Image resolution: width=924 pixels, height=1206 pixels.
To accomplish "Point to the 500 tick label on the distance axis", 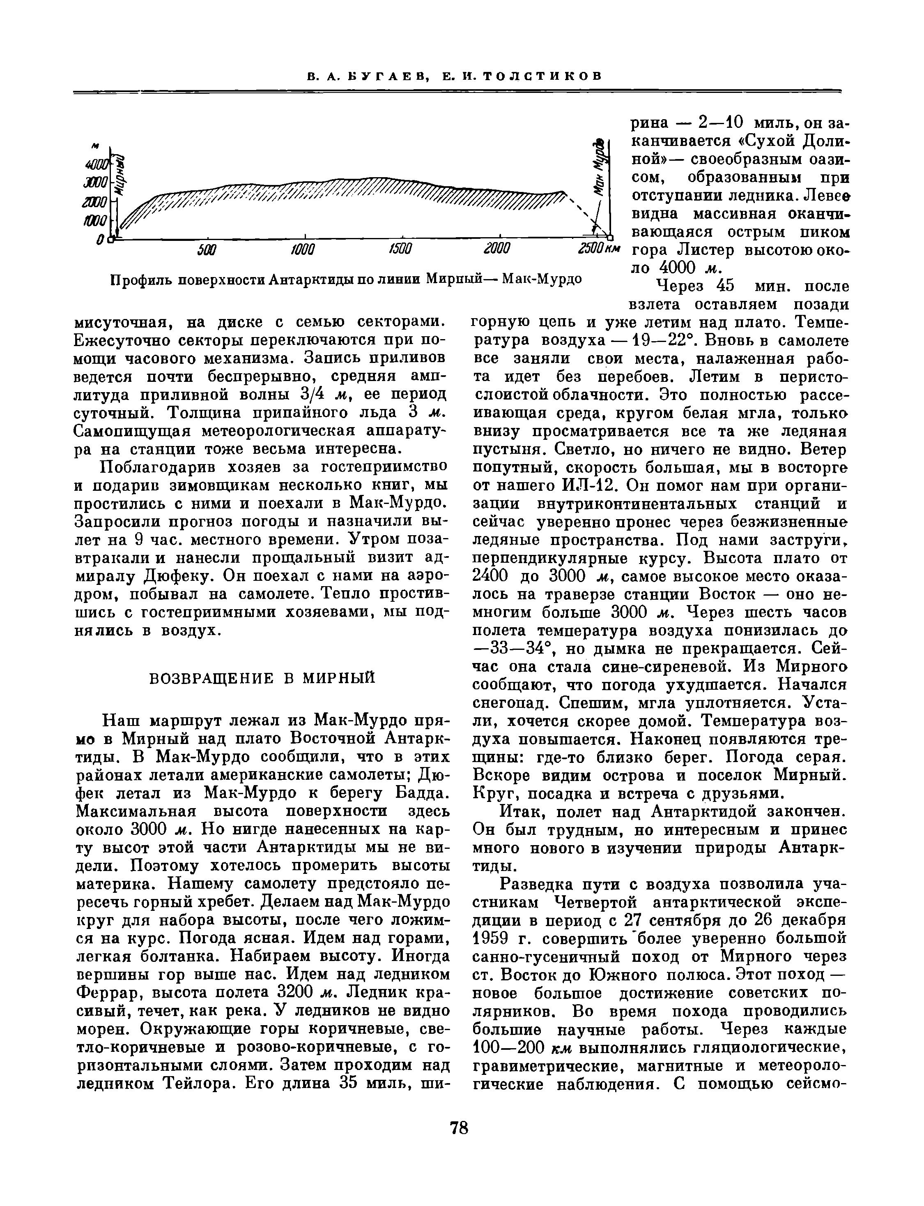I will (x=207, y=250).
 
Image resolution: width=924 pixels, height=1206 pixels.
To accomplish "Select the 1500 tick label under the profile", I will (x=400, y=250).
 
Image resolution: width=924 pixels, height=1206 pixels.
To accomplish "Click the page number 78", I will (x=459, y=1128).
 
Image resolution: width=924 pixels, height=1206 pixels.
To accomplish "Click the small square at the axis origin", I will (x=112, y=239).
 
